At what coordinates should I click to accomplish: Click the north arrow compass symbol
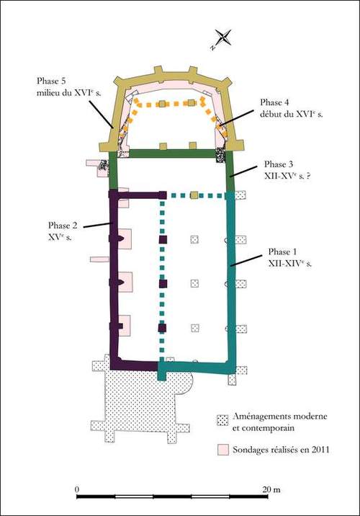(223, 37)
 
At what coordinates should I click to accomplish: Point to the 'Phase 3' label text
(279, 164)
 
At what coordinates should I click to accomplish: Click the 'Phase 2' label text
(63, 226)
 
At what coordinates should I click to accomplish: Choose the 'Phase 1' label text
(282, 252)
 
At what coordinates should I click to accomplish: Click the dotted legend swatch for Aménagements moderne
(222, 421)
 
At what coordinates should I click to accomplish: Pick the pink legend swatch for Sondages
(222, 450)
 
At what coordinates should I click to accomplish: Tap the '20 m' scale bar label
(271, 489)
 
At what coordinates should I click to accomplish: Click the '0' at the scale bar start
(77, 489)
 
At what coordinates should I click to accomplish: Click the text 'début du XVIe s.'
(292, 115)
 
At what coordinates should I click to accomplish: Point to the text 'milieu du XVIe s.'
(69, 93)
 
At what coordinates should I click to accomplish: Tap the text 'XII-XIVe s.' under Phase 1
(290, 264)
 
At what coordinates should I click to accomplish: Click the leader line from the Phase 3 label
(243, 171)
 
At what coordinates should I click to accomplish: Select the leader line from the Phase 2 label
(98, 225)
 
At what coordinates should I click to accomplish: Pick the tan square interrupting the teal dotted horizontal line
(194, 195)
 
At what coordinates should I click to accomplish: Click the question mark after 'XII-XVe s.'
(308, 176)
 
